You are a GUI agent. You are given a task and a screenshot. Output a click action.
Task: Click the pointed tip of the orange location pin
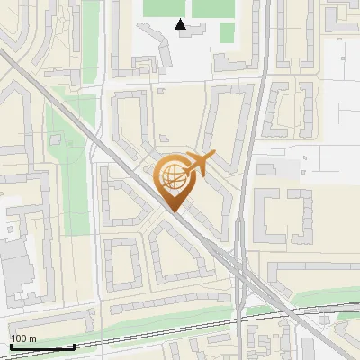click(174, 211)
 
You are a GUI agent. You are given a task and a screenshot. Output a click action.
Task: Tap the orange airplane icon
click(199, 165)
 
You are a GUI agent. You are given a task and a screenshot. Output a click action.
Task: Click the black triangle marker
click(181, 25)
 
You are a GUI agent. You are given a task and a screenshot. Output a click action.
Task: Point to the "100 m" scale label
click(23, 338)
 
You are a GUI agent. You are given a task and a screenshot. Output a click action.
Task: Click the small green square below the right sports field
click(227, 32)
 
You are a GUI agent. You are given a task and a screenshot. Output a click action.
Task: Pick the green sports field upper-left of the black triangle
click(162, 7)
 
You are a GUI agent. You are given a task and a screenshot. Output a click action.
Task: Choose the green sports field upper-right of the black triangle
click(212, 7)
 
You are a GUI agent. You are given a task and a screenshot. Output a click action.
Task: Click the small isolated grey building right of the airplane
click(268, 168)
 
